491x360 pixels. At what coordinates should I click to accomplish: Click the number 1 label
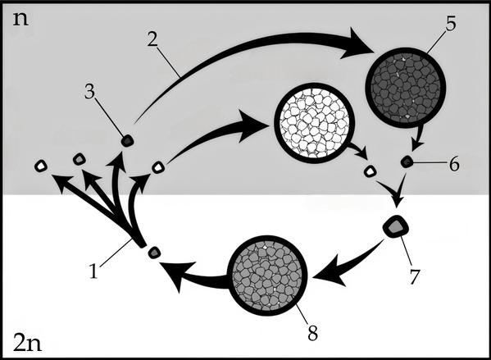pyautogui.click(x=93, y=271)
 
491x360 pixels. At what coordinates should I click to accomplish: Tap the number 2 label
pyautogui.click(x=152, y=39)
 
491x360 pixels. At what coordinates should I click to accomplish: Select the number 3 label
pyautogui.click(x=90, y=92)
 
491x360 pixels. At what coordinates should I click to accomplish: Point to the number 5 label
pyautogui.click(x=451, y=23)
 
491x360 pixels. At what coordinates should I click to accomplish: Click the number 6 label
pyautogui.click(x=454, y=163)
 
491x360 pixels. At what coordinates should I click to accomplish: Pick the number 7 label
pyautogui.click(x=414, y=276)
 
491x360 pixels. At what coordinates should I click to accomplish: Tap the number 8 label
pyautogui.click(x=313, y=333)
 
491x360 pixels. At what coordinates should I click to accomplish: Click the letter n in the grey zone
pyautogui.click(x=20, y=20)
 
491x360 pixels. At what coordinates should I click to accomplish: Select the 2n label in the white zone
pyautogui.click(x=27, y=343)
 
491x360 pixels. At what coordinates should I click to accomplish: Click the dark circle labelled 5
pyautogui.click(x=406, y=88)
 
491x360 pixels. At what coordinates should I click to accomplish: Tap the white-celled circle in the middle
pyautogui.click(x=315, y=123)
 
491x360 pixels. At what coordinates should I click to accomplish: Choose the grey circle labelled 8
pyautogui.click(x=267, y=276)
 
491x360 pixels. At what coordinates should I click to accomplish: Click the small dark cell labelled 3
pyautogui.click(x=127, y=140)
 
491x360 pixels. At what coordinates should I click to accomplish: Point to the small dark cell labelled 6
pyautogui.click(x=407, y=162)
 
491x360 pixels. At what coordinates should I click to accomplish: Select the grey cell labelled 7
pyautogui.click(x=395, y=226)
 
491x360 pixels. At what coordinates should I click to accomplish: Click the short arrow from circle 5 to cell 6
pyautogui.click(x=418, y=138)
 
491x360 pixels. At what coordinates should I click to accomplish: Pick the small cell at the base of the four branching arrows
pyautogui.click(x=154, y=253)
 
